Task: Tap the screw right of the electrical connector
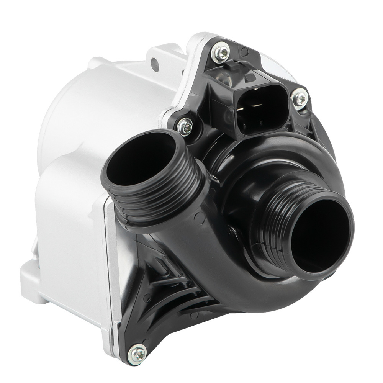pos(300,98)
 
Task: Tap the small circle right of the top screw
pos(245,52)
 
